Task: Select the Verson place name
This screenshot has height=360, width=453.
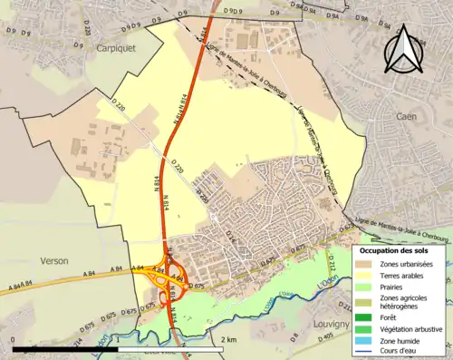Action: coord(53,260)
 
